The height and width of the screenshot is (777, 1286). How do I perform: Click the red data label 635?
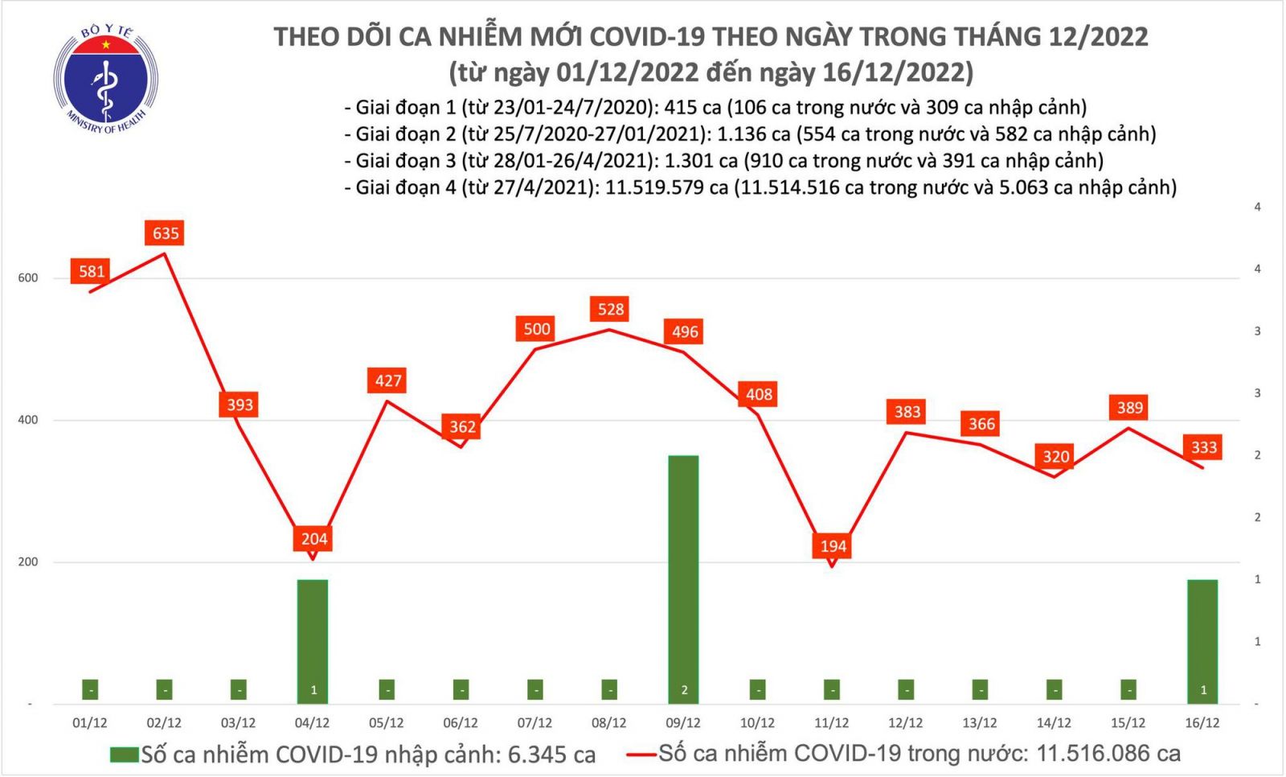tap(166, 233)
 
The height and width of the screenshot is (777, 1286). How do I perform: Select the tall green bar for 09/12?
tap(683, 579)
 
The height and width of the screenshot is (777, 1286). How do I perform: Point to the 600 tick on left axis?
tap(28, 278)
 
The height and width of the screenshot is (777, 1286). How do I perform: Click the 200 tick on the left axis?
tap(28, 562)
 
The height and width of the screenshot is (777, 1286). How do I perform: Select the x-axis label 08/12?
tap(608, 723)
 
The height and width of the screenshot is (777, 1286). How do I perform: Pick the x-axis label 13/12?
tap(979, 723)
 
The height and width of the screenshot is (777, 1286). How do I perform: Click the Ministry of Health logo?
tap(105, 79)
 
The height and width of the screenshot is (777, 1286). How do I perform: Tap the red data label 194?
tap(833, 546)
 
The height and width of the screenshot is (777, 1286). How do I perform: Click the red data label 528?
tap(611, 309)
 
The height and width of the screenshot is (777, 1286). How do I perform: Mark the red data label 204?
tap(313, 539)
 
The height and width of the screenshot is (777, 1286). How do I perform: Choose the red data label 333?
tap(1203, 447)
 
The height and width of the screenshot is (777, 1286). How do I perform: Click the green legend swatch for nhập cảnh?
tap(125, 755)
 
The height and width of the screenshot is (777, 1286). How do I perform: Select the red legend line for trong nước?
tap(641, 754)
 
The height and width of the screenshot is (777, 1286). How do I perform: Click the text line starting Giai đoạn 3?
tap(723, 161)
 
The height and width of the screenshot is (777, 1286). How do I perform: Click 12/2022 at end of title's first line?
tap(1098, 37)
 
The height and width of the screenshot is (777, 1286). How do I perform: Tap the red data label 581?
tap(92, 271)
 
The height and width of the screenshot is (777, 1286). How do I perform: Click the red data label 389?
tap(1129, 408)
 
